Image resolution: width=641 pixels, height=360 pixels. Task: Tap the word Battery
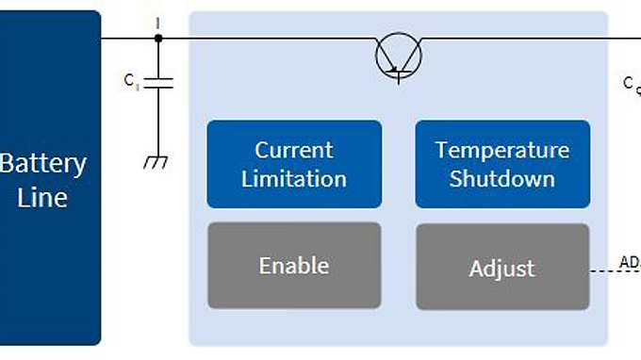click(43, 163)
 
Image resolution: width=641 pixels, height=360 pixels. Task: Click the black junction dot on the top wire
click(158, 38)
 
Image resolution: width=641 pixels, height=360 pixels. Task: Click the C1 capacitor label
click(131, 81)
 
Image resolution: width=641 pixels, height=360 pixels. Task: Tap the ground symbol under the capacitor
click(156, 162)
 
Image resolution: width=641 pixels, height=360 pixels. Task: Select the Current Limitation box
click(294, 163)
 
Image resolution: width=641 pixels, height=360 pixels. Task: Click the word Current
click(294, 150)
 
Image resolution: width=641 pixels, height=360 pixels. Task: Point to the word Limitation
click(294, 178)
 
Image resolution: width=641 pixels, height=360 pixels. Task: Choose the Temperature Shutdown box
click(502, 163)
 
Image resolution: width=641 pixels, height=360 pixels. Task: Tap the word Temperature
click(502, 150)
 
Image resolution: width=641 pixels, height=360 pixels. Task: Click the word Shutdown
click(502, 178)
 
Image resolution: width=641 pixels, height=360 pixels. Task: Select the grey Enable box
click(294, 266)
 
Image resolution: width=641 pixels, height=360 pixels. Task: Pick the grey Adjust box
click(502, 268)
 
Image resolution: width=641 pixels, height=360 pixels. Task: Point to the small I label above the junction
click(157, 21)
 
